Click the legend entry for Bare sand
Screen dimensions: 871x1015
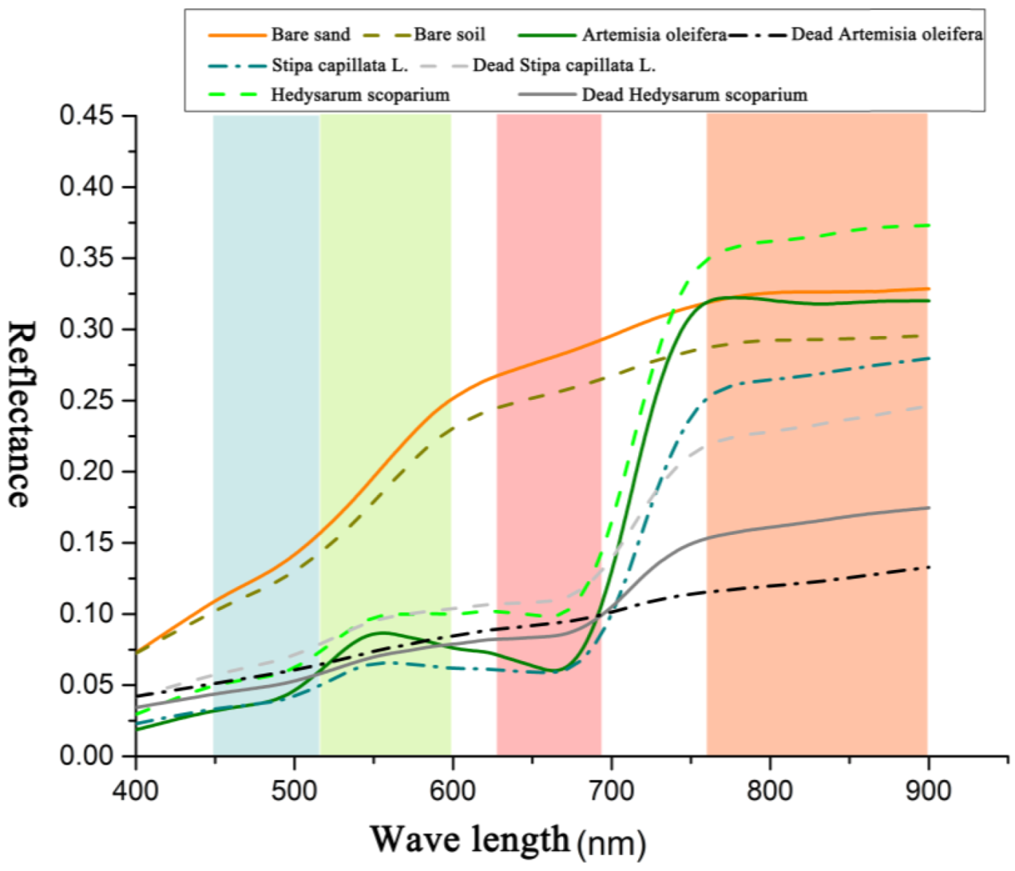pos(310,35)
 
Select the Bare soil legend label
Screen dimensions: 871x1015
pos(449,35)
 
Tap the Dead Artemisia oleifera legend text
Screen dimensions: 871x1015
pos(886,34)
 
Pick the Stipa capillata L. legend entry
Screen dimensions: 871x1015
pos(340,66)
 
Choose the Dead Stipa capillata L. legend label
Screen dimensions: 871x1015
pos(564,66)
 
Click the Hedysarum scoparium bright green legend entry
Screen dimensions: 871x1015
pos(360,95)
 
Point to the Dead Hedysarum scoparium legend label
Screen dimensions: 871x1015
pos(694,95)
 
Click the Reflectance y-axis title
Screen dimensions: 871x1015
pos(21,413)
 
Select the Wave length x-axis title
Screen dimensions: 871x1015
pos(469,839)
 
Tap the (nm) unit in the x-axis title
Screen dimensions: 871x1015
pos(611,843)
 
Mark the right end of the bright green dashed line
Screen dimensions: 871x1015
pos(928,225)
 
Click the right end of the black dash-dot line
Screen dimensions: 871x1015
pos(928,567)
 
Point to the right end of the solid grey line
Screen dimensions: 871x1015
pos(928,508)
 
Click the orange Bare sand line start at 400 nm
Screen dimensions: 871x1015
pos(137,652)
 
